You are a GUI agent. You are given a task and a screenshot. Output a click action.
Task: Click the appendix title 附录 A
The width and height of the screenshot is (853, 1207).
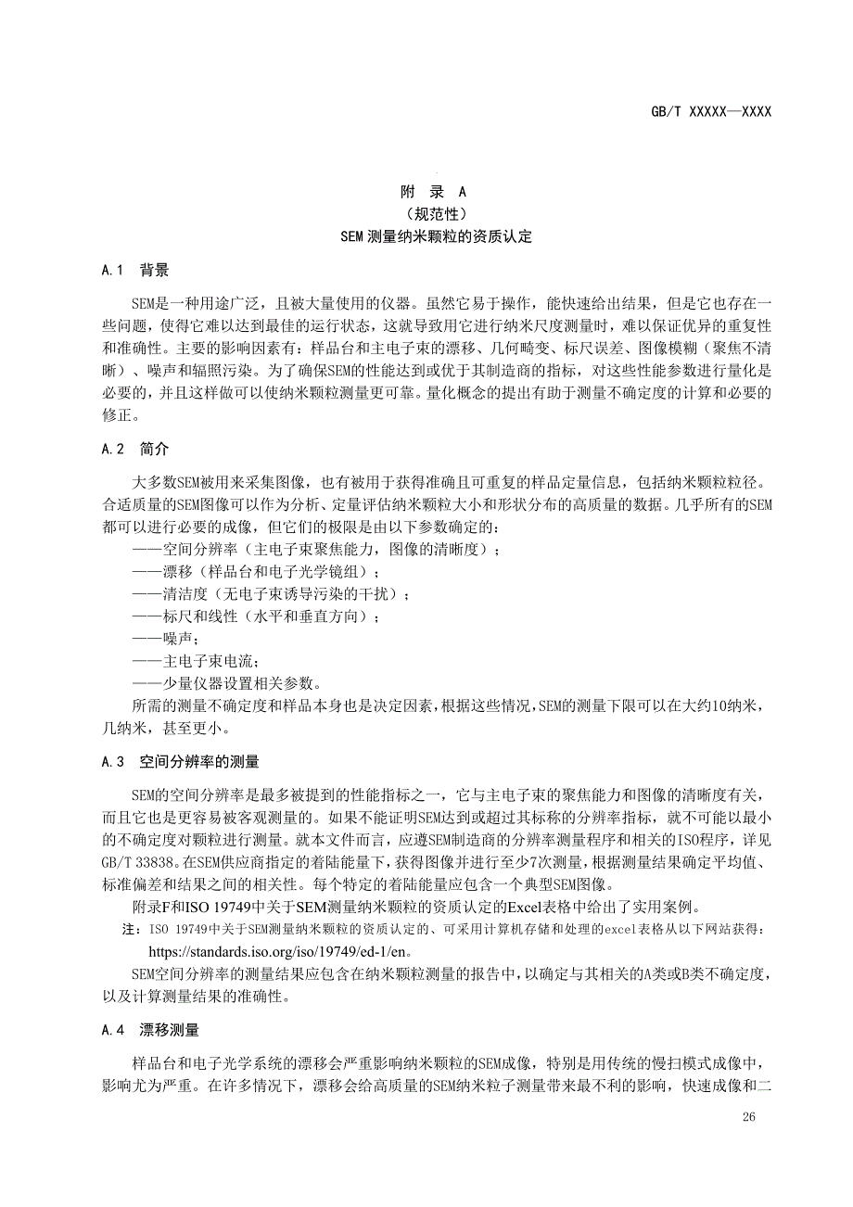(x=433, y=192)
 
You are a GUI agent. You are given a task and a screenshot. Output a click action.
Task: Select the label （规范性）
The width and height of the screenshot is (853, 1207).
(x=433, y=214)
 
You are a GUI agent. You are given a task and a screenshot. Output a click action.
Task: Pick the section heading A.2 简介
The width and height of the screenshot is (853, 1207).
(x=135, y=449)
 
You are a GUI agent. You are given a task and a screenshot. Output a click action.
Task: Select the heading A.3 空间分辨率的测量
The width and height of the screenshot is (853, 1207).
(x=181, y=762)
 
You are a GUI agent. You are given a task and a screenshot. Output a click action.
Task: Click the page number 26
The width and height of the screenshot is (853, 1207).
(x=749, y=1117)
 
